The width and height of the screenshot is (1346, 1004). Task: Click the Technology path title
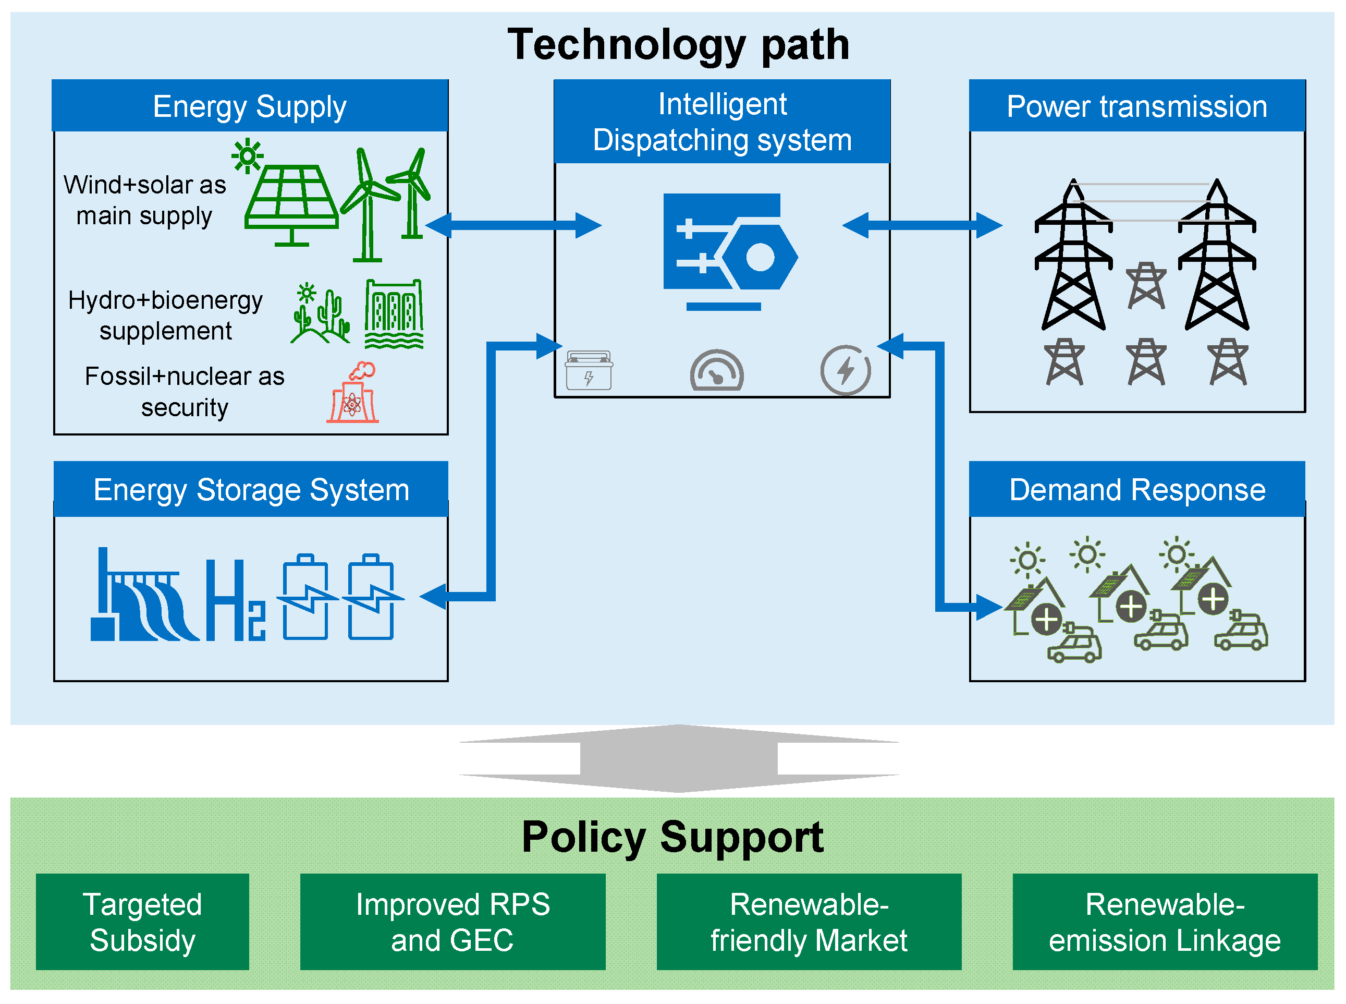click(x=678, y=45)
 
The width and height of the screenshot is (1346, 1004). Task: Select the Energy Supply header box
click(x=250, y=106)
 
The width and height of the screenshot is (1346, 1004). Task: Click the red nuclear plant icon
click(x=353, y=394)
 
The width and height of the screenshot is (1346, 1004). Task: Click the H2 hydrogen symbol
click(x=235, y=601)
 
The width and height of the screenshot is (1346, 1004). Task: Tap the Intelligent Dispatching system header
click(x=721, y=122)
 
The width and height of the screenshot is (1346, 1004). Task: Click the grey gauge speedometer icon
click(x=717, y=371)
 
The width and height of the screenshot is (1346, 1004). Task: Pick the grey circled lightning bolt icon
click(x=845, y=370)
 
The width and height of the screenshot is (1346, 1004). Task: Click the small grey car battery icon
click(x=589, y=371)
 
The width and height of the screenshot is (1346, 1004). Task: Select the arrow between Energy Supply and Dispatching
click(x=513, y=225)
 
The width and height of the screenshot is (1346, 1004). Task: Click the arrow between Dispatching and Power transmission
click(x=922, y=225)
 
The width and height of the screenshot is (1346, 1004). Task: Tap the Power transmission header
click(x=1136, y=106)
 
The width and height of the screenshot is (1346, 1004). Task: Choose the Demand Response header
click(x=1136, y=489)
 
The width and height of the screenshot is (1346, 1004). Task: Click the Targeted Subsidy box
click(x=142, y=922)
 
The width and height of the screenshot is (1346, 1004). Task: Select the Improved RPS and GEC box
click(x=452, y=922)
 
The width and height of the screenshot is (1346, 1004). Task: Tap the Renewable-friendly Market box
click(x=809, y=922)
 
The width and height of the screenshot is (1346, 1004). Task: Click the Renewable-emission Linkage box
click(x=1165, y=922)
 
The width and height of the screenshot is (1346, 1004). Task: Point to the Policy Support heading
click(x=672, y=838)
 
